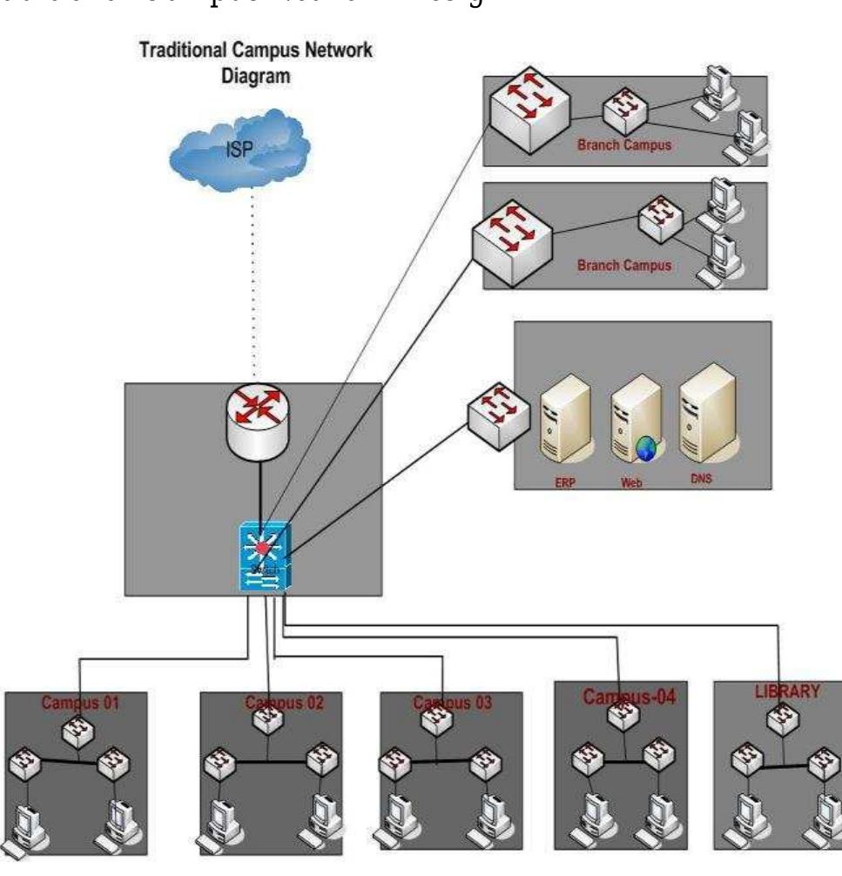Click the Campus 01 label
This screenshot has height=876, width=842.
coord(81,703)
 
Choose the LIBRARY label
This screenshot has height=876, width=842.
coord(786,692)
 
